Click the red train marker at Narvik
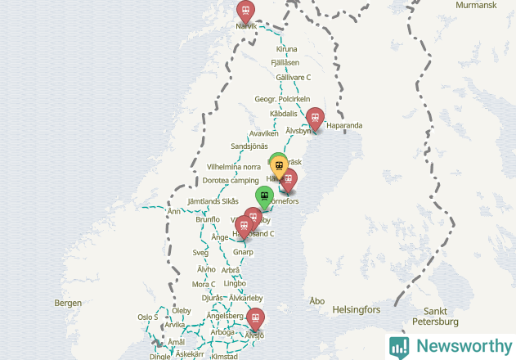point(245,11)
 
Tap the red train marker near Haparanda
point(315,117)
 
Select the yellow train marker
point(280,166)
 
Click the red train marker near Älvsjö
point(256,317)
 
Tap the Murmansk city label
point(475,5)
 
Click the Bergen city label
point(68,303)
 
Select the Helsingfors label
point(357,311)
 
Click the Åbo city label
point(317,301)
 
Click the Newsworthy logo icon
point(399,346)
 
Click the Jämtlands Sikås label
point(213,201)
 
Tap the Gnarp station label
point(243,253)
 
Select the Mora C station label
point(203,284)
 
